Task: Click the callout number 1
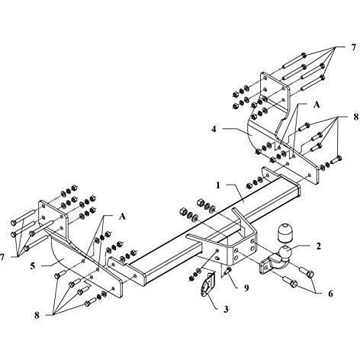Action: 218,185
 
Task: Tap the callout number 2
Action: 318,246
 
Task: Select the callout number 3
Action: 226,309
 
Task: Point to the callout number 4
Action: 214,129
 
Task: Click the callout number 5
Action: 33,266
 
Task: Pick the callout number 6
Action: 330,294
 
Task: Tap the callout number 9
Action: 246,288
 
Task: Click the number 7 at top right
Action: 354,47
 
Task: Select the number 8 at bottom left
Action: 37,316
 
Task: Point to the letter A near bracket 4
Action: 317,104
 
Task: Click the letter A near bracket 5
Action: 122,217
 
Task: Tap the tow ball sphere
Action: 286,252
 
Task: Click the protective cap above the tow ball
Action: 284,233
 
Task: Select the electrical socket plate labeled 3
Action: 207,284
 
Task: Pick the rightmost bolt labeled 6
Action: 307,272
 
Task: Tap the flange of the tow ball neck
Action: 265,266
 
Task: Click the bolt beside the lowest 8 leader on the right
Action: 336,159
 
